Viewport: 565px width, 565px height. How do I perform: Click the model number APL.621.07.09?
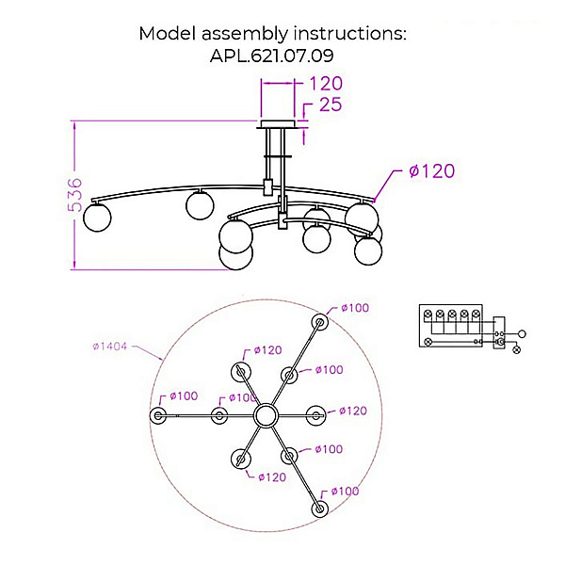(272, 56)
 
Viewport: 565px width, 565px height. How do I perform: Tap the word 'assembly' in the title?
(244, 34)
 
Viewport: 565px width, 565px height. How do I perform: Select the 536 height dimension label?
(75, 195)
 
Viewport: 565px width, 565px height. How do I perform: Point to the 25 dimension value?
(331, 105)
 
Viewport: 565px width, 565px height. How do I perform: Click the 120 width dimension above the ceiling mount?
(326, 83)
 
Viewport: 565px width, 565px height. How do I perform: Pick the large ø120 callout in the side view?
(431, 170)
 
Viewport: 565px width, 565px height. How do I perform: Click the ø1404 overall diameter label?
(110, 347)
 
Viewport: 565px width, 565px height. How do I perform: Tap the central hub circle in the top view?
(266, 415)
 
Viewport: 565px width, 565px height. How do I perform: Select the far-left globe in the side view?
(97, 218)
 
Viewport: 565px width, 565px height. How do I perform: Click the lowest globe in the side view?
(236, 255)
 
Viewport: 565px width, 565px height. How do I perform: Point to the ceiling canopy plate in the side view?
(278, 124)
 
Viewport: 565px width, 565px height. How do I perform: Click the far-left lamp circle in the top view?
(158, 416)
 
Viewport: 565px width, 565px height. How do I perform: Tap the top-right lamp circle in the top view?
(319, 322)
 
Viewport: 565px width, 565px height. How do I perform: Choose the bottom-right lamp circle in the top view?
(319, 508)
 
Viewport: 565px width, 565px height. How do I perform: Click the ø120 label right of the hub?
(353, 411)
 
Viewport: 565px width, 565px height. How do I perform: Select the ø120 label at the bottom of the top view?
(272, 477)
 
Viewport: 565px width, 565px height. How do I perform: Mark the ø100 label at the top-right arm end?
(355, 308)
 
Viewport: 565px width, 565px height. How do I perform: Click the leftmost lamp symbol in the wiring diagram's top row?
(428, 314)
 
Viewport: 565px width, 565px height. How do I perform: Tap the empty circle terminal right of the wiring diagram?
(522, 334)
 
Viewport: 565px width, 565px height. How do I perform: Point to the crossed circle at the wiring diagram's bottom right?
(517, 349)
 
